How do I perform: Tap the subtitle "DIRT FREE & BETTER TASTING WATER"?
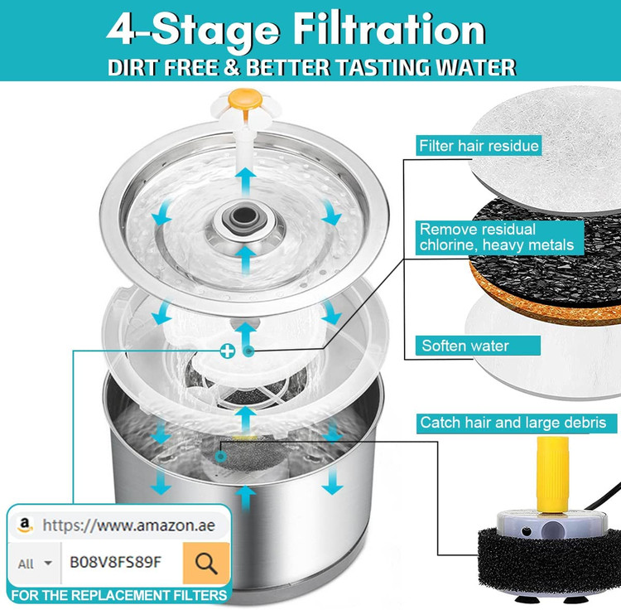pyautogui.click(x=311, y=67)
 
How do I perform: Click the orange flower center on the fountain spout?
pyautogui.click(x=245, y=99)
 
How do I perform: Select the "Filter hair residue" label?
pyautogui.click(x=479, y=146)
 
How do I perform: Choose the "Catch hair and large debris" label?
pyautogui.click(x=513, y=423)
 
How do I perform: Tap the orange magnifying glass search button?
pyautogui.click(x=206, y=563)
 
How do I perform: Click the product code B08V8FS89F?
pyautogui.click(x=116, y=562)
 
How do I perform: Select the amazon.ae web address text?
pyautogui.click(x=128, y=525)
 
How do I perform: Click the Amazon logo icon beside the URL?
pyautogui.click(x=25, y=525)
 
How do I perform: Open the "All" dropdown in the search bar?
pyautogui.click(x=35, y=564)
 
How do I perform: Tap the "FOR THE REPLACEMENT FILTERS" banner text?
pyautogui.click(x=118, y=595)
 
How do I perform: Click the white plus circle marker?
pyautogui.click(x=228, y=351)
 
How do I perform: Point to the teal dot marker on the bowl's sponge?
pyautogui.click(x=221, y=457)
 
